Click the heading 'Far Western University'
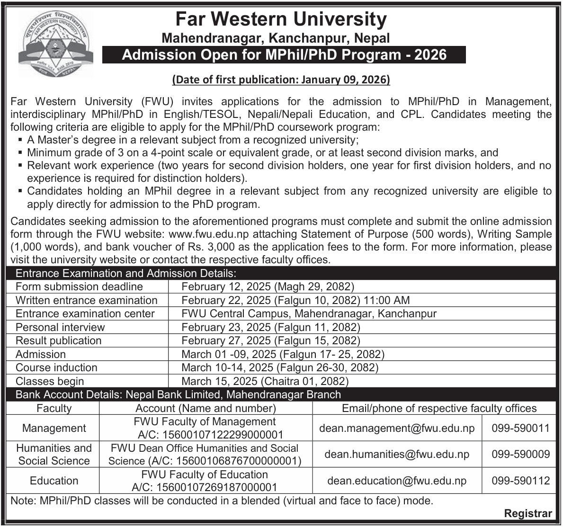[281, 19]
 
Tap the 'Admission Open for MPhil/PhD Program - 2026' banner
[284, 55]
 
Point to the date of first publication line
[281, 80]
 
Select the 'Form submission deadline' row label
[79, 286]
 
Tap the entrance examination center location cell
[309, 313]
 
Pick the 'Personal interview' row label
[60, 327]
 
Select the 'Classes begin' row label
[50, 381]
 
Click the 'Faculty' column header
[54, 408]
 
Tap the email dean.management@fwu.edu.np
[397, 428]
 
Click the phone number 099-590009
[520, 455]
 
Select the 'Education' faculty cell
[54, 481]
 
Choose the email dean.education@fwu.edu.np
[397, 481]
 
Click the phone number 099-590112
[520, 481]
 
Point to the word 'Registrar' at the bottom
[528, 513]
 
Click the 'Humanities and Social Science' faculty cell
[54, 455]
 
